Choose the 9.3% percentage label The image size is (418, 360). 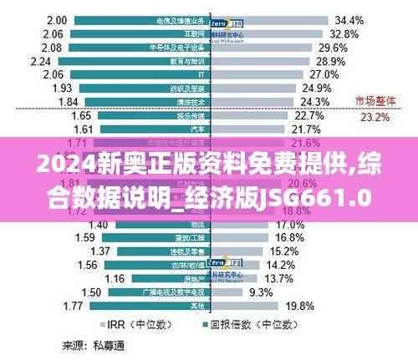pyautogui.click(x=283, y=292)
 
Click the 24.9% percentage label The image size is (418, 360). pyautogui.click(x=317, y=89)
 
